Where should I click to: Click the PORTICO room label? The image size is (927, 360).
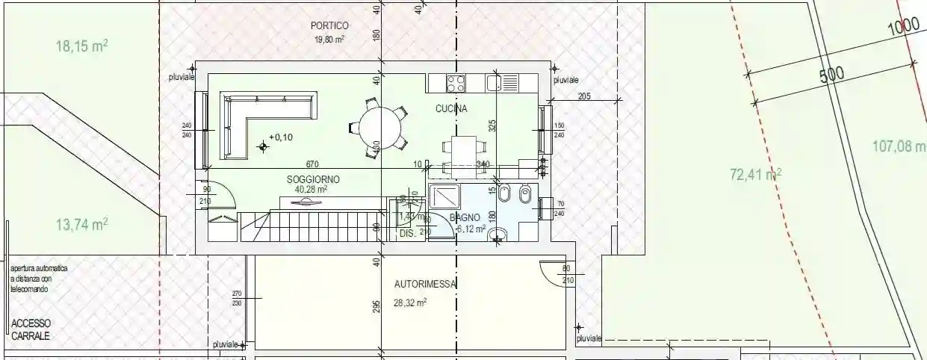pyautogui.click(x=329, y=25)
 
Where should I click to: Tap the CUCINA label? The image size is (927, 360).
pyautogui.click(x=451, y=109)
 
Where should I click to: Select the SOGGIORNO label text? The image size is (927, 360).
pyautogui.click(x=313, y=179)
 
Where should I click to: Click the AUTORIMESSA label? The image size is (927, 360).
pyautogui.click(x=425, y=284)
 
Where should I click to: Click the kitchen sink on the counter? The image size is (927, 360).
pyautogui.click(x=494, y=82)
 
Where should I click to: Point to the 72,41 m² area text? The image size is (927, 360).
pyautogui.click(x=755, y=176)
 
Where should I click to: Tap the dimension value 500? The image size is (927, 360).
pyautogui.click(x=830, y=74)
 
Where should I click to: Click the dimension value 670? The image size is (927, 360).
pyautogui.click(x=312, y=164)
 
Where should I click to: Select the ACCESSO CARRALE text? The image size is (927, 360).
pyautogui.click(x=31, y=329)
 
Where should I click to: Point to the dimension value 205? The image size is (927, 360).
pyautogui.click(x=584, y=96)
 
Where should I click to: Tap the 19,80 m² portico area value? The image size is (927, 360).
pyautogui.click(x=329, y=39)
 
